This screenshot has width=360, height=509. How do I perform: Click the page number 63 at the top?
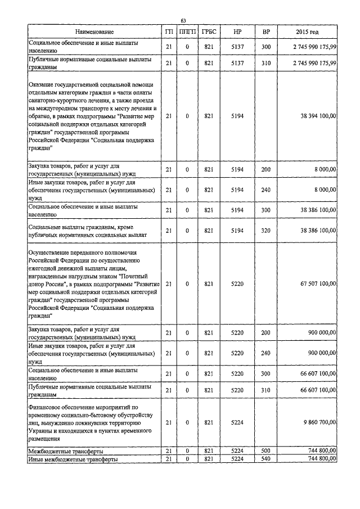183,21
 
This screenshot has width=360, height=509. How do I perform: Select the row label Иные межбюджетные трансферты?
73,460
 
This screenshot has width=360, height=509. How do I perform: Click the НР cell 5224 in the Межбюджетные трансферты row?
237,451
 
